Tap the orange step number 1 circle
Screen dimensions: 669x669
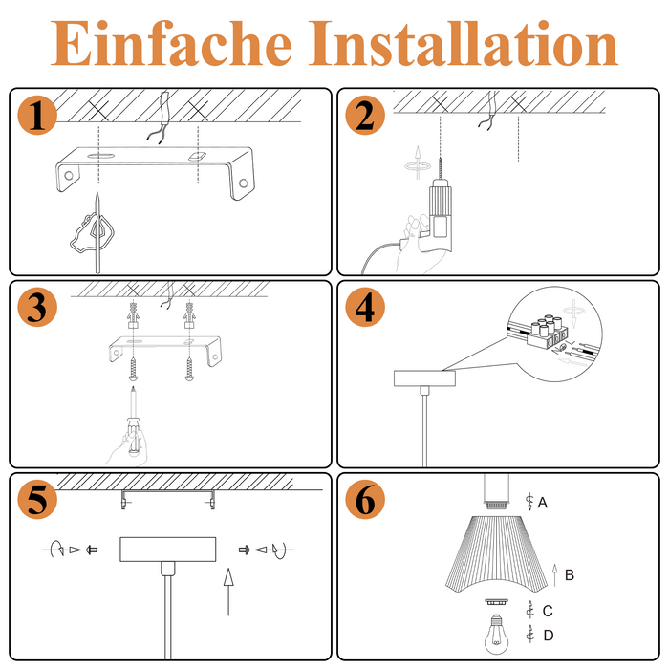click(37, 117)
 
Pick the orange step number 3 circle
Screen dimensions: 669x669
click(37, 308)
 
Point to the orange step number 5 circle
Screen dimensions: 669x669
click(37, 499)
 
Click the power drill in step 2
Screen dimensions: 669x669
click(439, 215)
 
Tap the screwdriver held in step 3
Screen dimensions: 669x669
click(134, 425)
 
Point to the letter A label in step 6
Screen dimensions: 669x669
click(543, 502)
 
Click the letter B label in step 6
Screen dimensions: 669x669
click(570, 575)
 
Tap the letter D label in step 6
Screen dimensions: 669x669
click(548, 635)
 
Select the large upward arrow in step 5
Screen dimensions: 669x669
click(227, 591)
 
